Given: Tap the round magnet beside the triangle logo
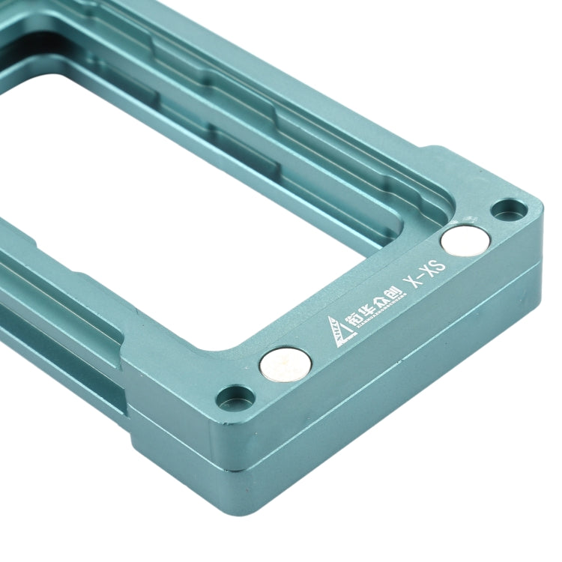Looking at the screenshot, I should point(285,365).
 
